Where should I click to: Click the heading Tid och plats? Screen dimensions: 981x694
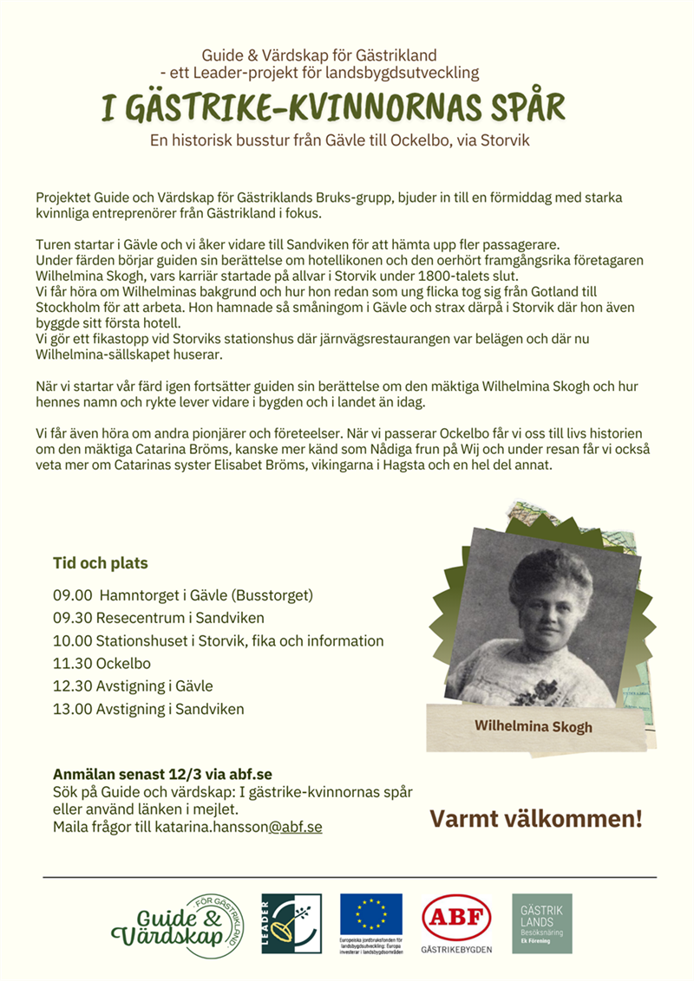tap(101, 563)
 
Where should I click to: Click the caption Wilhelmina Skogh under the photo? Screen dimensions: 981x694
tap(533, 725)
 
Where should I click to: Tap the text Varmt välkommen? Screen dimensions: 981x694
tap(537, 818)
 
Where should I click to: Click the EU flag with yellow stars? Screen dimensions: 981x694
tap(371, 915)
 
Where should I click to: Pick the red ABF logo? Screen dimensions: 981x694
tap(455, 918)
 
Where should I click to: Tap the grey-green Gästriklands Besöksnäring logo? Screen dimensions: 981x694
tap(542, 924)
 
